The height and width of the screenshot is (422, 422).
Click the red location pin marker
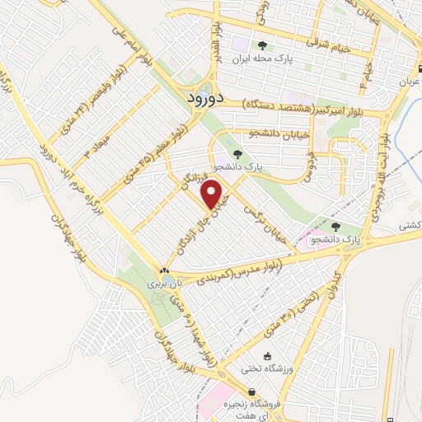213,195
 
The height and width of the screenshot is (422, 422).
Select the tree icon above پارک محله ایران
262,45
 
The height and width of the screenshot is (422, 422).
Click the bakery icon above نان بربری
164,271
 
